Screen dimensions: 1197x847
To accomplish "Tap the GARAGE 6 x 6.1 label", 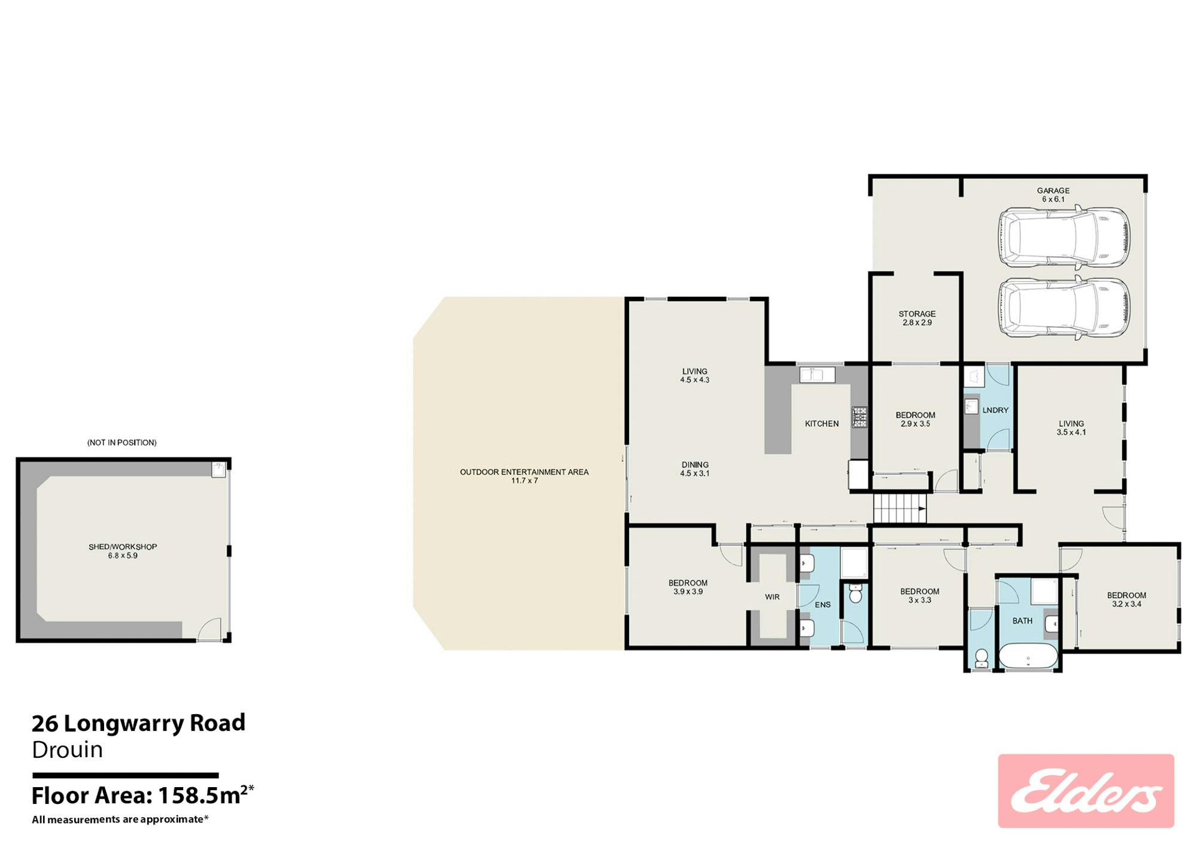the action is tap(1053, 195).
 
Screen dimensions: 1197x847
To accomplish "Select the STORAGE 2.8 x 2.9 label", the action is tap(917, 318).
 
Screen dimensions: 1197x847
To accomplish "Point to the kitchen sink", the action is tap(818, 375).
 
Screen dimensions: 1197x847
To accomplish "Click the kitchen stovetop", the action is tap(859, 417).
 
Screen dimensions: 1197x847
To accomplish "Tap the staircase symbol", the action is tap(900, 509).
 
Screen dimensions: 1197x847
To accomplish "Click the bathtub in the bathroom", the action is tap(1028, 656).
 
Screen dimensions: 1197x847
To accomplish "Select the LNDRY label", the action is tap(995, 411).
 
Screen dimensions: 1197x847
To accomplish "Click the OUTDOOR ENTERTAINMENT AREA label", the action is tap(524, 476).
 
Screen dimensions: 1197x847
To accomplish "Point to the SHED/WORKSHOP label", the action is tap(123, 551).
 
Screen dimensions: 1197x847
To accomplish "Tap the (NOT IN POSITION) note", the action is tap(122, 443).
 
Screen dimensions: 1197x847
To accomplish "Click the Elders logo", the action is tap(1086, 791).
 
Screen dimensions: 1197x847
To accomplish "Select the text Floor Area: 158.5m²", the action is tap(143, 796).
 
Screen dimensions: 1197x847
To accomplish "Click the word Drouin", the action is tap(67, 750).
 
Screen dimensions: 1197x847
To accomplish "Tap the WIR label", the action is tap(772, 597).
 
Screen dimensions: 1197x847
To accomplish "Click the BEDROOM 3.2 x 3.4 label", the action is tap(1126, 600).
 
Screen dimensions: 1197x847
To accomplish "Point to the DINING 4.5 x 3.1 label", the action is tap(695, 469).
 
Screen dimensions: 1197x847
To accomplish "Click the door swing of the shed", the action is tap(209, 629).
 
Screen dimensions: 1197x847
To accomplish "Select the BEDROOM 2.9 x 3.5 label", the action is tap(915, 420).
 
